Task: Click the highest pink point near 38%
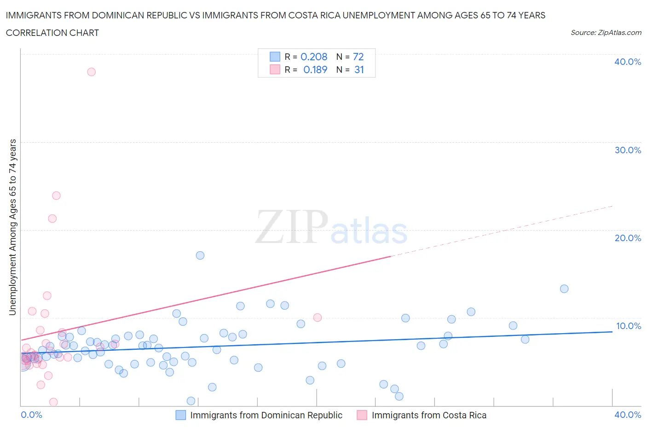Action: click(x=91, y=72)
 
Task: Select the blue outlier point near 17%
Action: click(x=200, y=255)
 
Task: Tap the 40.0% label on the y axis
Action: click(x=628, y=62)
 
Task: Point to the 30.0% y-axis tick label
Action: click(x=628, y=150)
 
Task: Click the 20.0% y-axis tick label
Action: click(x=628, y=238)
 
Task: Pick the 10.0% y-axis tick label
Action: click(x=628, y=326)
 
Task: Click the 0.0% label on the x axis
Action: click(x=32, y=415)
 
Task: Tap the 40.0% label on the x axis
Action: click(x=628, y=415)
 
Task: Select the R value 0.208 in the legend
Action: click(x=314, y=57)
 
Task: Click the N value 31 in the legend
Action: click(x=359, y=69)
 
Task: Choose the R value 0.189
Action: click(x=315, y=69)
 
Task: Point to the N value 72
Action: click(x=358, y=57)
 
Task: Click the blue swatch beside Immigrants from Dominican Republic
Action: click(x=181, y=415)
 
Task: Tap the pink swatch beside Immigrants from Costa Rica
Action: click(x=362, y=415)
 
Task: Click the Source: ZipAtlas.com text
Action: click(x=606, y=32)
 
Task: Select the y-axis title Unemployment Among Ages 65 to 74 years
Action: click(x=12, y=227)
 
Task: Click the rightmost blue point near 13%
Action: click(x=564, y=289)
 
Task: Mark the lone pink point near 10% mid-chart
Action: click(x=317, y=318)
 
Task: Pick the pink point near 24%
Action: click(x=56, y=196)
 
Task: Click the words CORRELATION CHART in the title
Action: click(x=52, y=33)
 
